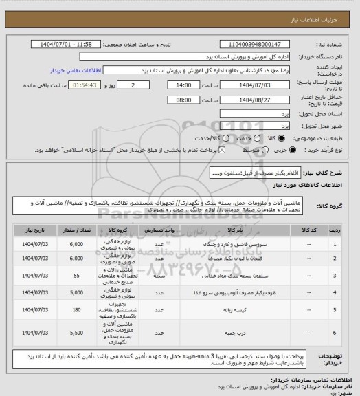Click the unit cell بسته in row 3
157,275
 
